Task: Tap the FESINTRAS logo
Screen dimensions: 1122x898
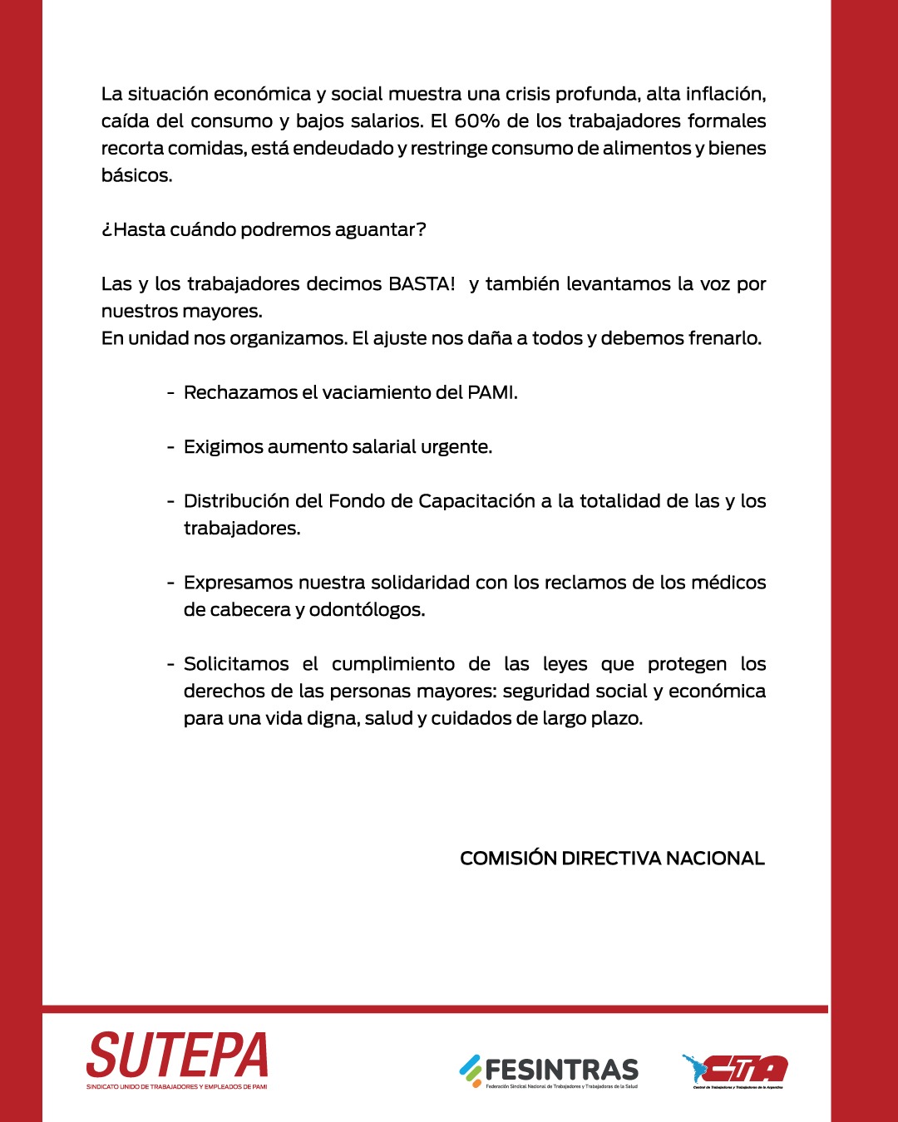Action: pyautogui.click(x=550, y=1070)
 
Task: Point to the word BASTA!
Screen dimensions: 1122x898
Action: pyautogui.click(x=422, y=284)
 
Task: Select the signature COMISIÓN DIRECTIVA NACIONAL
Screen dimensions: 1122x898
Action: pyautogui.click(x=612, y=859)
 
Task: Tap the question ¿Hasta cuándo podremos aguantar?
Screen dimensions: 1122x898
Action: pyautogui.click(x=264, y=230)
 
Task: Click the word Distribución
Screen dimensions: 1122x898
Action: pyautogui.click(x=239, y=501)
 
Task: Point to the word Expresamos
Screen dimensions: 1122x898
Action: pyautogui.click(x=238, y=583)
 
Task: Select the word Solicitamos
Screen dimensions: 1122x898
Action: pyautogui.click(x=236, y=664)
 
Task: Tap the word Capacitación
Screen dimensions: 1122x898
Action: pyautogui.click(x=476, y=501)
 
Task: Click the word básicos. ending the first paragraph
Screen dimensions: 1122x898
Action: pyautogui.click(x=136, y=176)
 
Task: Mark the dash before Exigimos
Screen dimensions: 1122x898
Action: pyautogui.click(x=170, y=447)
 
